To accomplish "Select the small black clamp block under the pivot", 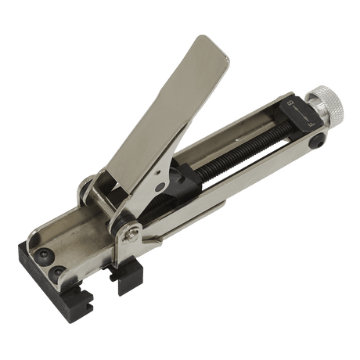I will [130, 276].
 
